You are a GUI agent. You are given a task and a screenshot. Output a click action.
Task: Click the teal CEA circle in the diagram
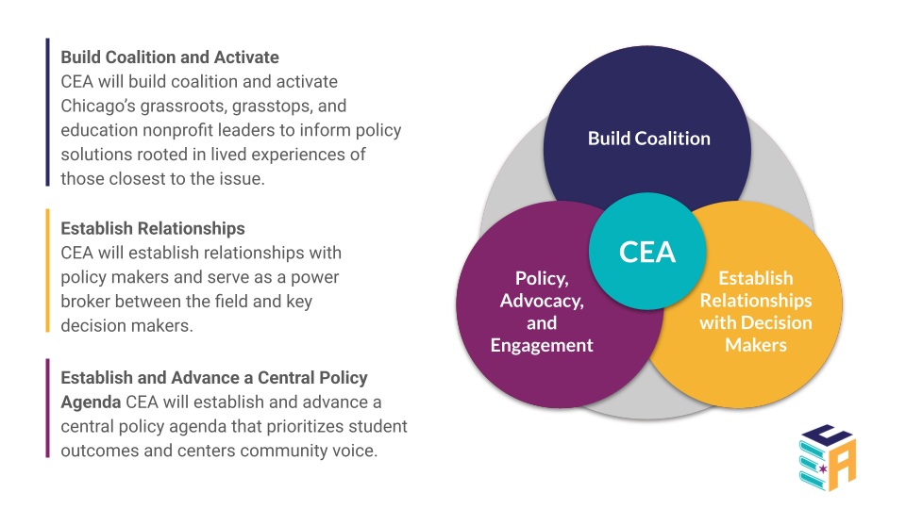click(x=647, y=252)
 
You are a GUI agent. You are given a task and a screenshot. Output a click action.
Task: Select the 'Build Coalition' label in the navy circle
click(x=649, y=139)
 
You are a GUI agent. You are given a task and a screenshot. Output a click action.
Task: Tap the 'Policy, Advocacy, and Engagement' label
click(x=542, y=311)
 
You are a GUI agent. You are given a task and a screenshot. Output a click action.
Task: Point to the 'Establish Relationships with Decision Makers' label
click(x=755, y=311)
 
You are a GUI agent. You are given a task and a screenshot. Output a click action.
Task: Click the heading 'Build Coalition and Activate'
click(x=170, y=57)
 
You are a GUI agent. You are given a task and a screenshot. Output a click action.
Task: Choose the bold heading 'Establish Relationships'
click(x=153, y=228)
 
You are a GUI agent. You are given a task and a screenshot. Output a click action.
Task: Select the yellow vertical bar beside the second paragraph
click(x=47, y=271)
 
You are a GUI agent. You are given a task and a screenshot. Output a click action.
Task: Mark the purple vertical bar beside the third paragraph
click(x=47, y=407)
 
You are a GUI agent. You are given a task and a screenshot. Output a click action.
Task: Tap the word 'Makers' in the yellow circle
click(x=755, y=345)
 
